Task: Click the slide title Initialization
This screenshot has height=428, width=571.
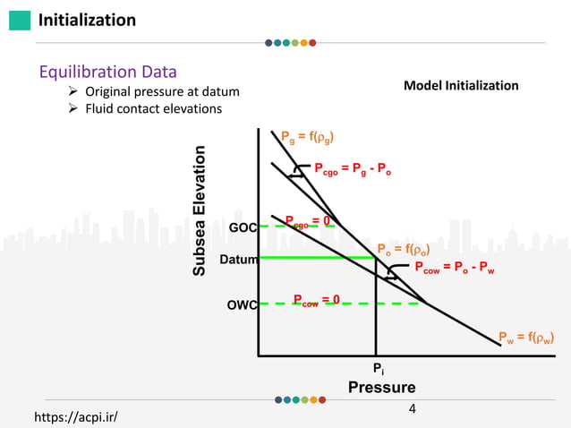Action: (x=87, y=20)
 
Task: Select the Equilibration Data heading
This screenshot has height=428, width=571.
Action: (x=107, y=72)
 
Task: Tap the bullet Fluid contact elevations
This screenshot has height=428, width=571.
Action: (x=145, y=109)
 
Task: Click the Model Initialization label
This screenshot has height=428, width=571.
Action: (x=461, y=86)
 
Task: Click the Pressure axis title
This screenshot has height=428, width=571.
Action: (x=381, y=388)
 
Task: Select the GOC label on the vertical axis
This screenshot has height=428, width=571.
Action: (x=243, y=227)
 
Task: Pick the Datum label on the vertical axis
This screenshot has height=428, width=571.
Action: (x=239, y=260)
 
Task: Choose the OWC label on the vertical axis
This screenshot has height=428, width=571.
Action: (x=242, y=304)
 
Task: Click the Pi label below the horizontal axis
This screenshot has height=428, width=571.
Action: (x=378, y=368)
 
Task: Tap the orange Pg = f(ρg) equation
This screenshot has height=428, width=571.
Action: (x=308, y=137)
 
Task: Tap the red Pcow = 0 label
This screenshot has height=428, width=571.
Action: (x=316, y=300)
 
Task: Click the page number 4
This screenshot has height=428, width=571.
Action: (x=413, y=410)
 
